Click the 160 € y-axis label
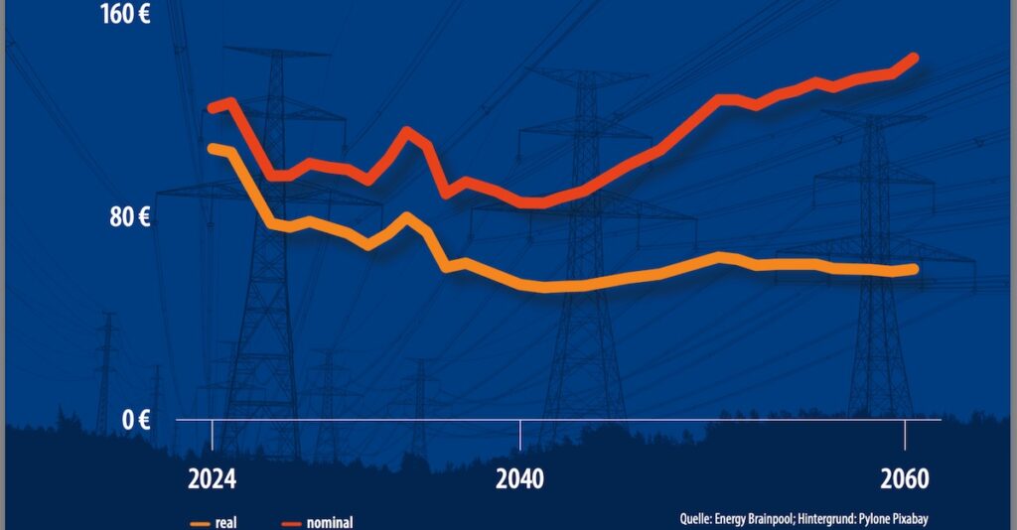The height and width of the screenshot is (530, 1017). pyautogui.click(x=124, y=17)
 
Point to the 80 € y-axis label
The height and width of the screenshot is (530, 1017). pyautogui.click(x=129, y=217)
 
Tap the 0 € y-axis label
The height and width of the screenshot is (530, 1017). pyautogui.click(x=135, y=420)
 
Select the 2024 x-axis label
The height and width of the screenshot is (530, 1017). pyautogui.click(x=212, y=479)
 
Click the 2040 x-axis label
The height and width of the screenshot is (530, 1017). pyautogui.click(x=519, y=479)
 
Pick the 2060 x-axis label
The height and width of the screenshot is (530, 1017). pyautogui.click(x=904, y=479)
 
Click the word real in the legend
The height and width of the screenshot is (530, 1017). pyautogui.click(x=225, y=522)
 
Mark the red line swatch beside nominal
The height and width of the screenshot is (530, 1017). pyautogui.click(x=291, y=522)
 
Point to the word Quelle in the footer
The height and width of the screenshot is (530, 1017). pyautogui.click(x=698, y=517)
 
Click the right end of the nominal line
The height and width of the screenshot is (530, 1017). pyautogui.click(x=914, y=59)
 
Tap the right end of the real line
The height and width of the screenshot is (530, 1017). pyautogui.click(x=914, y=269)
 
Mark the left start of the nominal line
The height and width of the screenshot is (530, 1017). pyautogui.click(x=212, y=107)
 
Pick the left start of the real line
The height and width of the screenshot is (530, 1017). pyautogui.click(x=212, y=148)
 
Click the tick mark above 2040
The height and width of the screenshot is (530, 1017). pyautogui.click(x=520, y=433)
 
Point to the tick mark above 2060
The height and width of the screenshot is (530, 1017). pyautogui.click(x=905, y=433)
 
